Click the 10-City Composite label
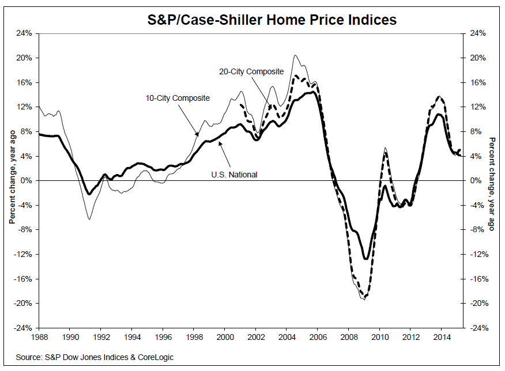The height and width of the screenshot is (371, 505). (178, 98)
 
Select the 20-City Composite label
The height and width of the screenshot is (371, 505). (251, 72)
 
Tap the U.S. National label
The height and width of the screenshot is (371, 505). (232, 175)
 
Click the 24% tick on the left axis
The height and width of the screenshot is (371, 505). (24, 33)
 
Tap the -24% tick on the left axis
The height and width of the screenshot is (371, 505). (22, 328)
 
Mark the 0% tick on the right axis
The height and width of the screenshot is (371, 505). (477, 181)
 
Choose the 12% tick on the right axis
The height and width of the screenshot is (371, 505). (478, 107)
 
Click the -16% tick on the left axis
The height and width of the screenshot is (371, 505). (22, 279)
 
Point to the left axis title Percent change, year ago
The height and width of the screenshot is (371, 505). (11, 181)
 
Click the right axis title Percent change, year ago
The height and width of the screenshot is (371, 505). (492, 183)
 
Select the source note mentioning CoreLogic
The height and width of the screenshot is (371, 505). (95, 358)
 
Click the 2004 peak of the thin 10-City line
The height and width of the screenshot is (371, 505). (295, 55)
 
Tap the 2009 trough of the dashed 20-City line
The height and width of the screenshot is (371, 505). (365, 297)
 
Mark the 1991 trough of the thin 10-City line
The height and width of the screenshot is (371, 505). (89, 219)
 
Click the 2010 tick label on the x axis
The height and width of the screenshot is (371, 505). (380, 336)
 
